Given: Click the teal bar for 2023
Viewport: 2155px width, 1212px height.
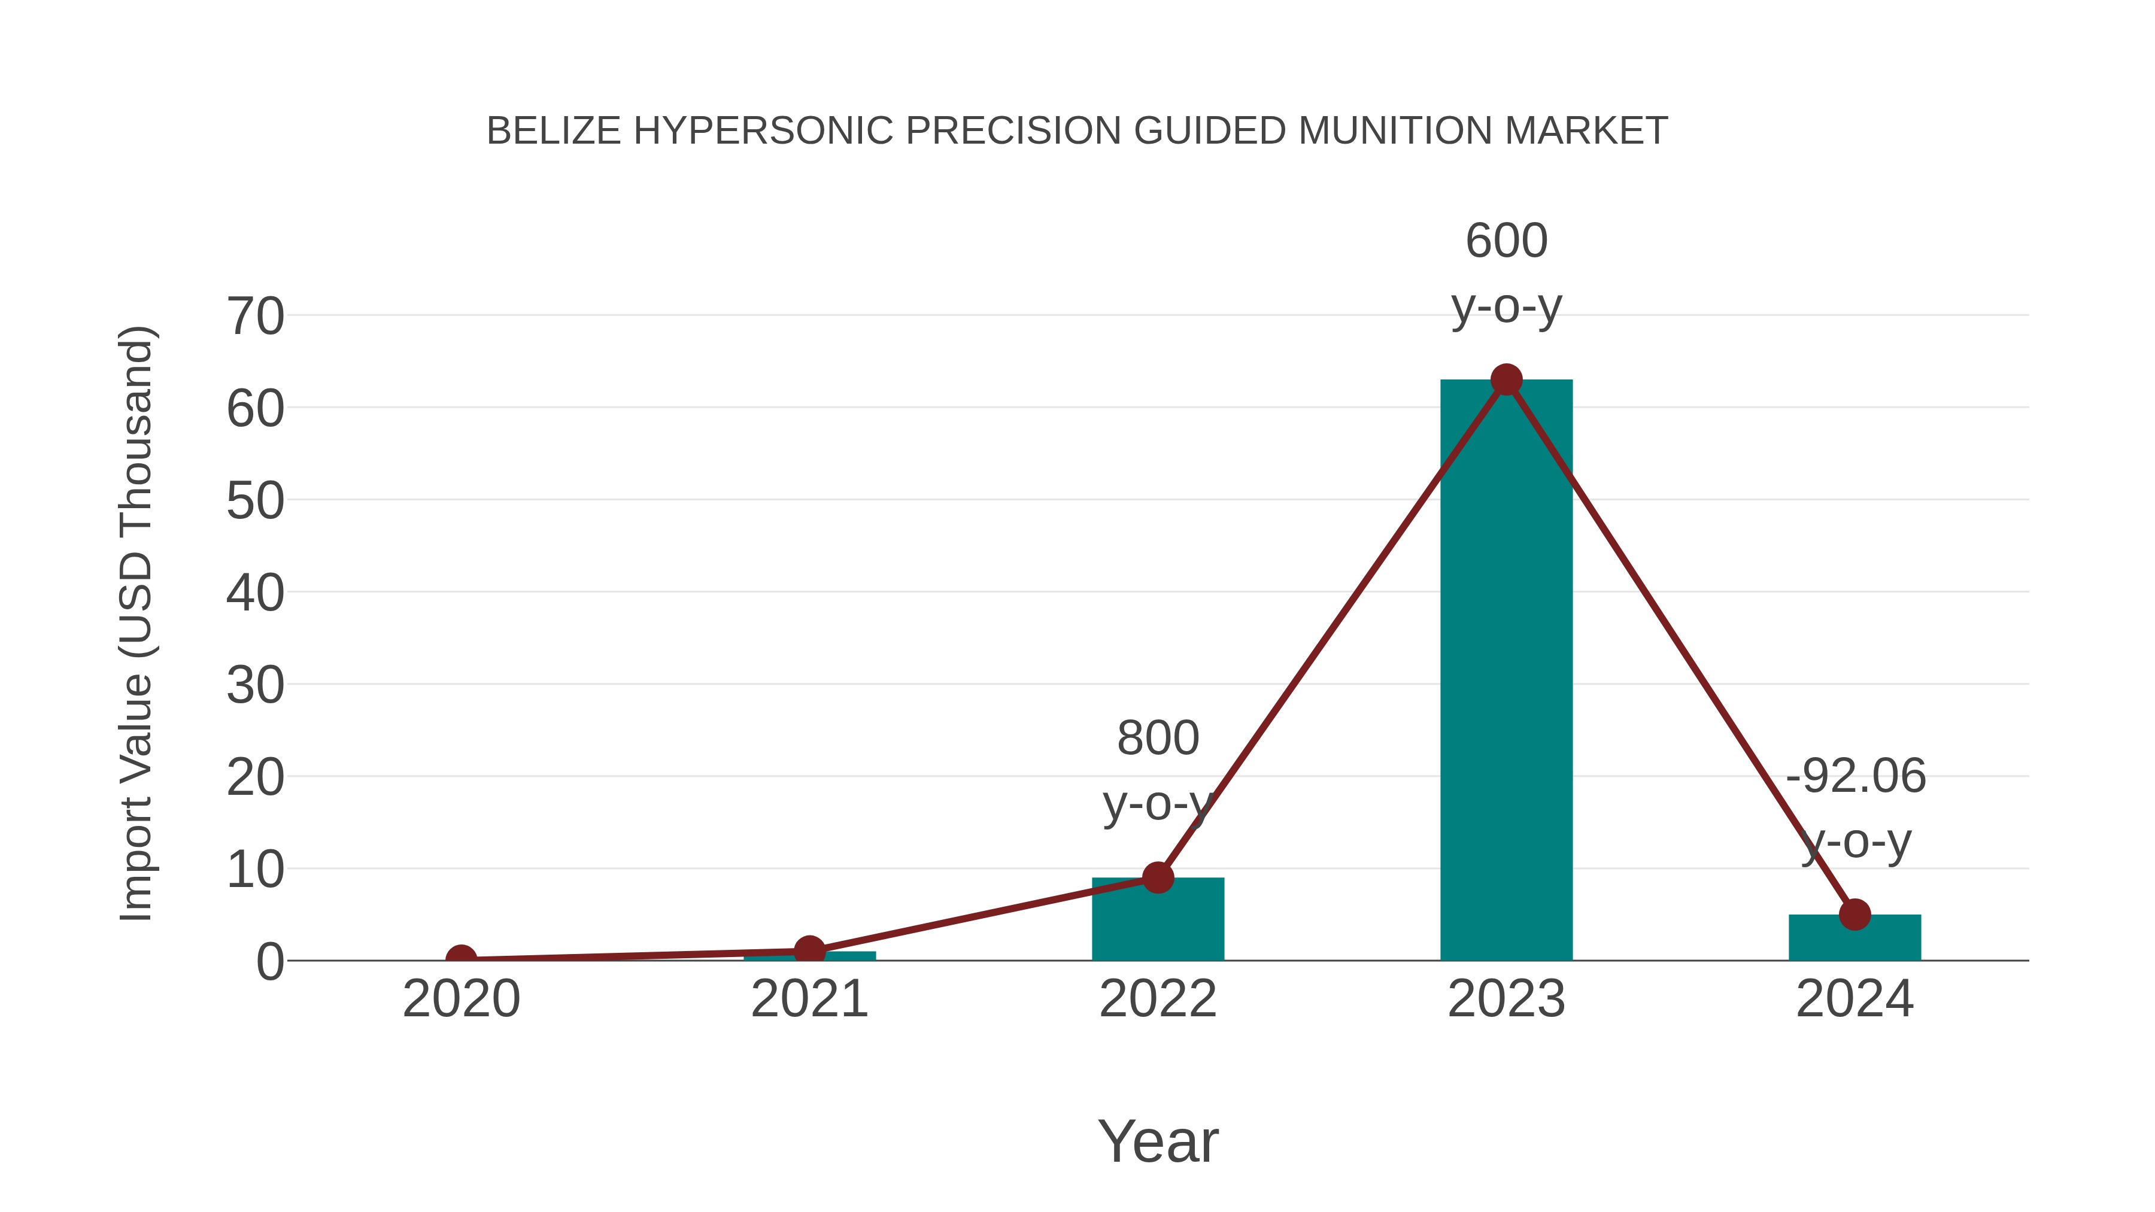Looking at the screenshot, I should coord(1506,669).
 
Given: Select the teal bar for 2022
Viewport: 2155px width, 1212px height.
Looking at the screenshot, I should coord(1158,920).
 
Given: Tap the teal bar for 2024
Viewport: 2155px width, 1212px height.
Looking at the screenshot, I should coord(1854,938).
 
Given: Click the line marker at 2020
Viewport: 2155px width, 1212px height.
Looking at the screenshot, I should coord(461,959).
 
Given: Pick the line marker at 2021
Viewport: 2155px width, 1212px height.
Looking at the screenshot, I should coord(809,950).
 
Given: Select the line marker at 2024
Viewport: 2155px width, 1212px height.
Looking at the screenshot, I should coord(1854,914).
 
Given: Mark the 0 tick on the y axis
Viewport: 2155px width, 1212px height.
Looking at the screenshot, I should coord(270,962).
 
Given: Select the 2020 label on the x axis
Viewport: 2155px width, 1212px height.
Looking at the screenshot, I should coord(461,999).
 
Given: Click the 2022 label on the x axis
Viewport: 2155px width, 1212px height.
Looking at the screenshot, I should coord(1158,999).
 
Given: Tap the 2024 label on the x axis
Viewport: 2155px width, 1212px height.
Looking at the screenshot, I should coord(1854,999).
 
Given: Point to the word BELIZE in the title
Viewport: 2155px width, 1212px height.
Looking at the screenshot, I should coord(553,131).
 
